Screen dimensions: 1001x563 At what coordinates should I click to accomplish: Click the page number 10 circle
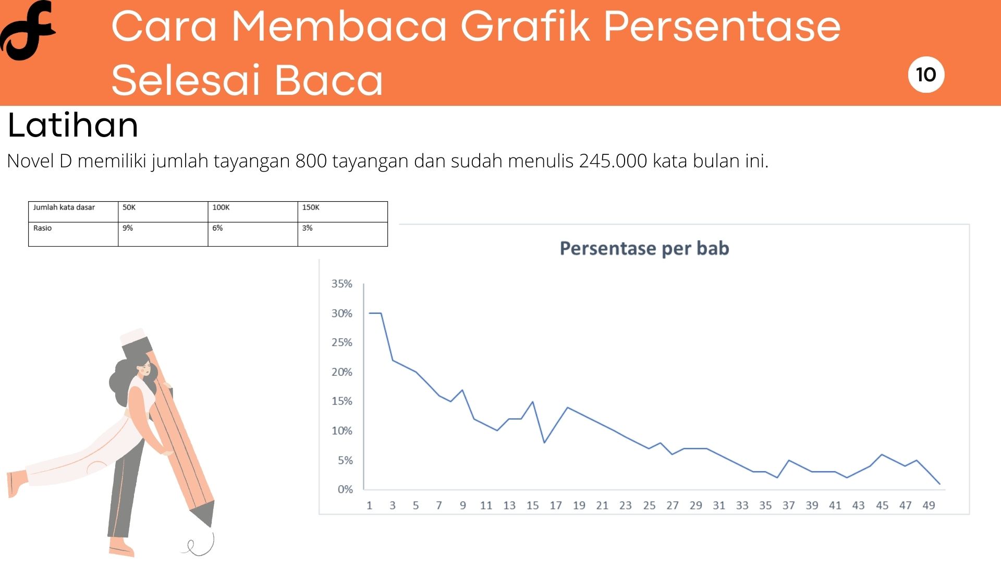(926, 75)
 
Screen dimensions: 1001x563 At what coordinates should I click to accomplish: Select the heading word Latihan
(73, 125)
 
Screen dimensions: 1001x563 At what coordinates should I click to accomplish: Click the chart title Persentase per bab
(644, 248)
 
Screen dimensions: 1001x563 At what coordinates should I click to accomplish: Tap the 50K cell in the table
(163, 212)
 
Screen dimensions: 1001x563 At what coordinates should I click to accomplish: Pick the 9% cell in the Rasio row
(163, 234)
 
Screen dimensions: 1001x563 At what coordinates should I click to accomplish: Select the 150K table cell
(343, 212)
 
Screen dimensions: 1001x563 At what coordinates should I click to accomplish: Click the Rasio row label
(73, 234)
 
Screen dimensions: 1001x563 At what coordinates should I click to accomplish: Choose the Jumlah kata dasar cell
(73, 212)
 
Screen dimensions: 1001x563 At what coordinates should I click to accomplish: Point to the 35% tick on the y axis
(342, 284)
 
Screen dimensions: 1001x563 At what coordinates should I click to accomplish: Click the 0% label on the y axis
(345, 489)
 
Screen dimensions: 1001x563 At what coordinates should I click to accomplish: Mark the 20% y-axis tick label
(342, 372)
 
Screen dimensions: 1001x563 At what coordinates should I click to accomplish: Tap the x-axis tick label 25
(649, 505)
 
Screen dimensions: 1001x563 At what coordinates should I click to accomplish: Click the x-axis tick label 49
(929, 505)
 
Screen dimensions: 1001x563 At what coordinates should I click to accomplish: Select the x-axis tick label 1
(369, 505)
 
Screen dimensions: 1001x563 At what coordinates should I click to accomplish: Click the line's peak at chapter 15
(532, 401)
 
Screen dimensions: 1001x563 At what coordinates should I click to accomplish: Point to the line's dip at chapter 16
(544, 443)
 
